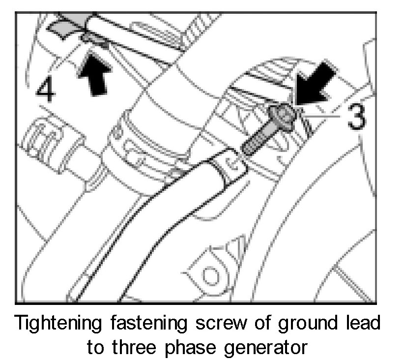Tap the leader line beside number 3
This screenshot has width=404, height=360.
(x=322, y=117)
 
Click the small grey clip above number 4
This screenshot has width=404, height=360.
(x=93, y=39)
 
